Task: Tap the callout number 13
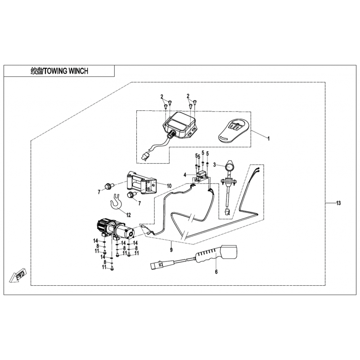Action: point(338,203)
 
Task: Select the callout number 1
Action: point(269,139)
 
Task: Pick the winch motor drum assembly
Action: point(116,229)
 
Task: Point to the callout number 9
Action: point(171,249)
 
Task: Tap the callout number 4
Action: point(184,174)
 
